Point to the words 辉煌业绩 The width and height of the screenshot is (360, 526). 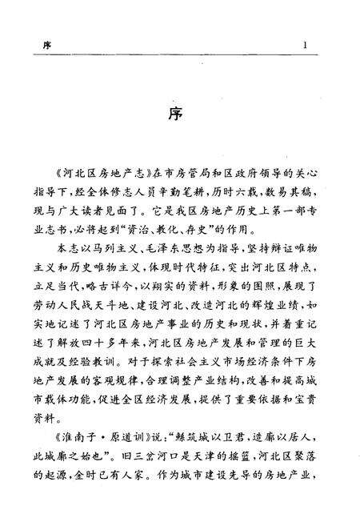coord(266,332)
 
